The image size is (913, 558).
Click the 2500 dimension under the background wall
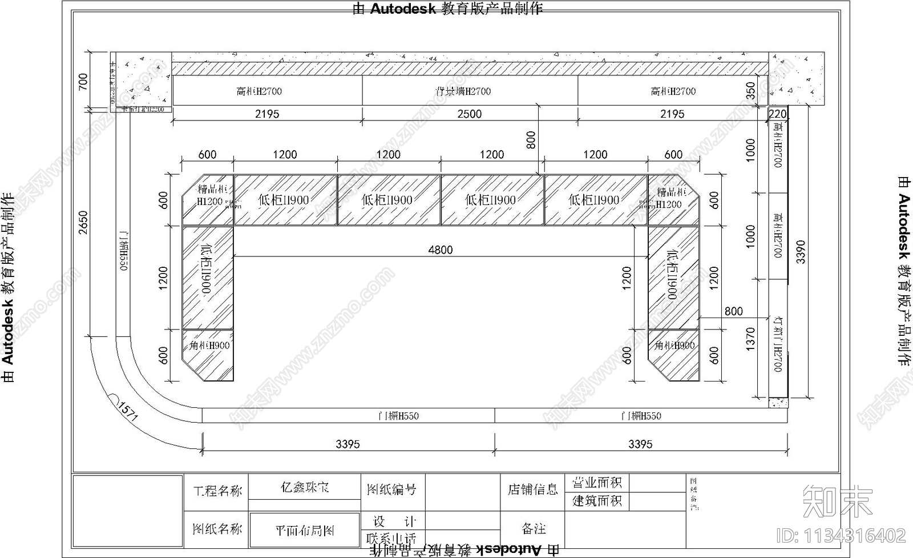(469, 114)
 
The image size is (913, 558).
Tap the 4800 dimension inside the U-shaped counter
(441, 249)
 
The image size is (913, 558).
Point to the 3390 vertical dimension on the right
(801, 251)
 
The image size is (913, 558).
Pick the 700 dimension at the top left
(83, 81)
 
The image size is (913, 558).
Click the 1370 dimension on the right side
(750, 339)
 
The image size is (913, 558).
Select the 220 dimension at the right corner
(777, 114)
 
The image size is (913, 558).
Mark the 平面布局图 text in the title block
(305, 531)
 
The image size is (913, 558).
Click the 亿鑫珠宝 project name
(305, 488)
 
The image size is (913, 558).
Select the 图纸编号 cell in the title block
(391, 489)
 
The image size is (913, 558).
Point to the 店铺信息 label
(532, 489)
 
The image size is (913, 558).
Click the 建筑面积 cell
(597, 501)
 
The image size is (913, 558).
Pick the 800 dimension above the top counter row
(531, 140)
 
